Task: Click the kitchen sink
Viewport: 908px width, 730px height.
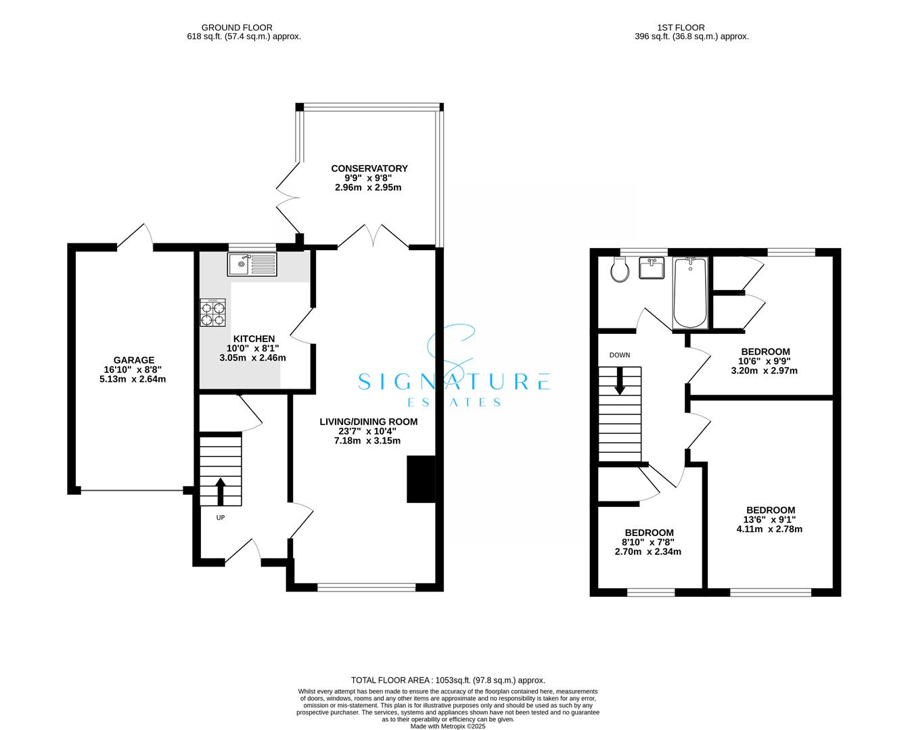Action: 252,264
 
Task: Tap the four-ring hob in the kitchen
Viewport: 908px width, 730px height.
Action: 212,312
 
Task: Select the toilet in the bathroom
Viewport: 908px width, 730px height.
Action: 619,270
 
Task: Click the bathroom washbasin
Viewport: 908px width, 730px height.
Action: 652,268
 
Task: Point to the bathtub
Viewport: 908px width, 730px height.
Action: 690,293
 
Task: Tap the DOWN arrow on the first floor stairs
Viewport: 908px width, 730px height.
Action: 619,381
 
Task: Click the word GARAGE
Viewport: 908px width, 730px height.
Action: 134,360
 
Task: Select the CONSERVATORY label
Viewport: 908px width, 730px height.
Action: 369,168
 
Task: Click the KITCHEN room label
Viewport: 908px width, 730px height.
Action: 254,339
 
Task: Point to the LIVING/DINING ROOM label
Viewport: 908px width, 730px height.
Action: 368,422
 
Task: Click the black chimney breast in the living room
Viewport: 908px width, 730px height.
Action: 421,479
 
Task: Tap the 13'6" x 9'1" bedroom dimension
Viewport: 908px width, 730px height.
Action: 770,520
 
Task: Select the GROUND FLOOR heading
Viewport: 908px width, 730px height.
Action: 237,28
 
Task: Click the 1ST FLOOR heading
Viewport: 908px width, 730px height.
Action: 681,28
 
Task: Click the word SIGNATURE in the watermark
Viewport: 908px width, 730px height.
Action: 454,381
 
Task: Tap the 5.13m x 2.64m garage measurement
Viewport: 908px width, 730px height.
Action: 133,379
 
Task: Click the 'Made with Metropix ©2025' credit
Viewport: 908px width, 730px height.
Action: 448,727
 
